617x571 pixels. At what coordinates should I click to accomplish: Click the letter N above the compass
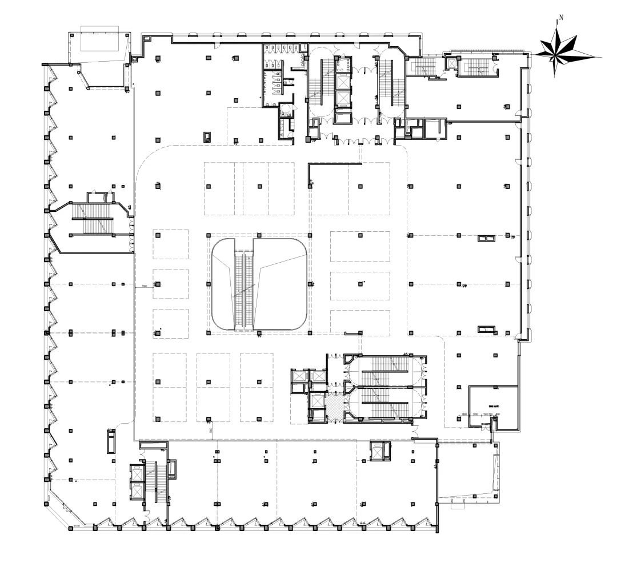pos(561,18)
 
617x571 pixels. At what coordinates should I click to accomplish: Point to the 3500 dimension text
pos(145,285)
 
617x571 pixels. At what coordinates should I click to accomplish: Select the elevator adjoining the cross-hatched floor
pos(316,401)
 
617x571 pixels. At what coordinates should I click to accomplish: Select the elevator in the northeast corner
pos(452,63)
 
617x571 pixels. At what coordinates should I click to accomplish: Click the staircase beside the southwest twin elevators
pos(157,477)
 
